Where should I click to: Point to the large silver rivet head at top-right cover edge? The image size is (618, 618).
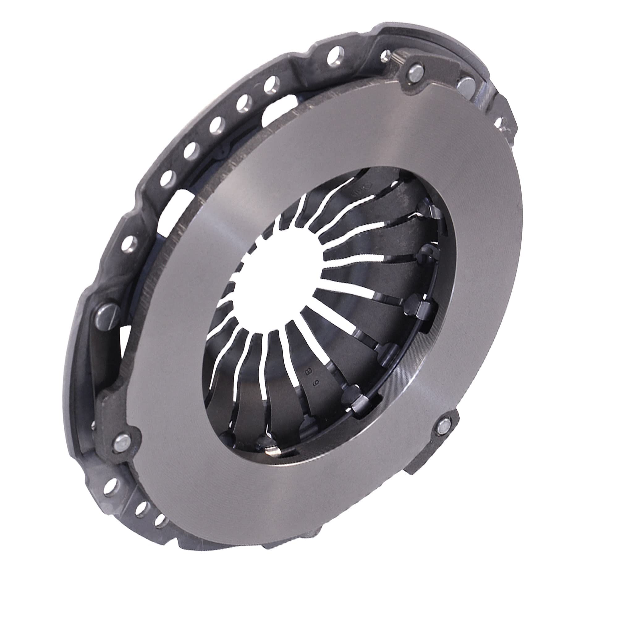click(x=465, y=86)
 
